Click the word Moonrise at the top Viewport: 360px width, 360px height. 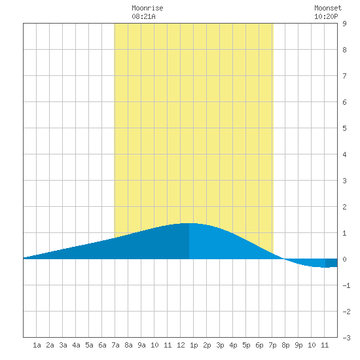pyautogui.click(x=147, y=8)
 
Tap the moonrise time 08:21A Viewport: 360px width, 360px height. pyautogui.click(x=143, y=16)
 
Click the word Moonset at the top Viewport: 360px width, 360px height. pyautogui.click(x=328, y=8)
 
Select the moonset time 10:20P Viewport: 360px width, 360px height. pyautogui.click(x=326, y=16)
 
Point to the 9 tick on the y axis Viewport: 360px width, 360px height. pyautogui.click(x=344, y=24)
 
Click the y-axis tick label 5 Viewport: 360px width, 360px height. pyautogui.click(x=344, y=128)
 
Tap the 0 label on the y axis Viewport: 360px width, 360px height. pyautogui.click(x=344, y=259)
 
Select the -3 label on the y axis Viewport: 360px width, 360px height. pyautogui.click(x=346, y=338)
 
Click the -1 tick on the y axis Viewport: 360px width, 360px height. pyautogui.click(x=346, y=285)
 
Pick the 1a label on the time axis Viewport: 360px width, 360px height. pyautogui.click(x=37, y=345)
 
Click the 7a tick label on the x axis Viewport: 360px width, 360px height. pyautogui.click(x=115, y=345)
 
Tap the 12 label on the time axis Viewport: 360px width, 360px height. pyautogui.click(x=181, y=345)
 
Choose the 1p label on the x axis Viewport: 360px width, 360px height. pyautogui.click(x=194, y=345)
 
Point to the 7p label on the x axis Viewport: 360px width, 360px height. pyautogui.click(x=272, y=345)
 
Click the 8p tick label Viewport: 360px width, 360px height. pyautogui.click(x=285, y=345)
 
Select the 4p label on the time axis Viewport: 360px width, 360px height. pyautogui.click(x=233, y=345)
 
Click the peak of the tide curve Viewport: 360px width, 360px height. pyautogui.click(x=189, y=223)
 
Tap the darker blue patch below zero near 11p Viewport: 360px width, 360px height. pyautogui.click(x=331, y=263)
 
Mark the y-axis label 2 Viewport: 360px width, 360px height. pyautogui.click(x=344, y=207)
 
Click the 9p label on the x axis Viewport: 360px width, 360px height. pyautogui.click(x=298, y=345)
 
